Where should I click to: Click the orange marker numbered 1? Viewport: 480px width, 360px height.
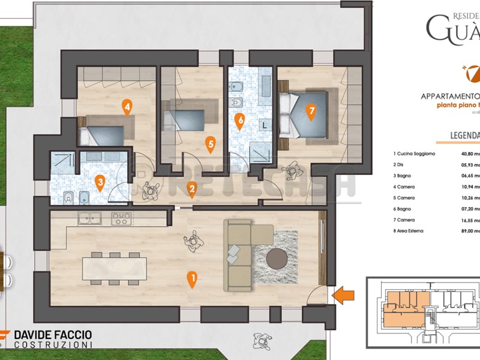[x=192, y=279]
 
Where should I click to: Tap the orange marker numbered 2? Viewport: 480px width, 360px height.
[x=192, y=190]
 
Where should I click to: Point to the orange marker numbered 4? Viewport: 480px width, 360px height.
[x=127, y=107]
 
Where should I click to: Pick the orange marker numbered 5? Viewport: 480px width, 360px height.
[x=209, y=143]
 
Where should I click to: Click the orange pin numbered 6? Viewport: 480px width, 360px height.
[x=240, y=121]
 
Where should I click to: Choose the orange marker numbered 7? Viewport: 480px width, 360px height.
[x=310, y=111]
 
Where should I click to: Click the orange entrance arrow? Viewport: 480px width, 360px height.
[x=344, y=294]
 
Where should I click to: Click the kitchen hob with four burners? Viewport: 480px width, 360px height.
[x=121, y=219]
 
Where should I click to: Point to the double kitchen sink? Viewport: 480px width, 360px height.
[x=88, y=219]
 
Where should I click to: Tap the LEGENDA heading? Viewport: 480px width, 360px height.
[x=465, y=135]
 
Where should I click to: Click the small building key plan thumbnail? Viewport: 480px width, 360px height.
[x=423, y=312]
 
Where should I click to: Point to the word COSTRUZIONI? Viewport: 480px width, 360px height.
[x=53, y=345]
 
